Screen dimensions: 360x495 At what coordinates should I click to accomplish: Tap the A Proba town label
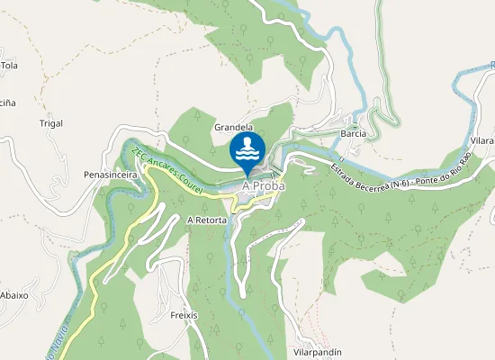tap(264, 186)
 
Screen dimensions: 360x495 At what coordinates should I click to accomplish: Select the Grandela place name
tap(233, 128)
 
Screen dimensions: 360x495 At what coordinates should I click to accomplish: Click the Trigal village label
tap(51, 122)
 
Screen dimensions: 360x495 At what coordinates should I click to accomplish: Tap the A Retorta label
tap(206, 220)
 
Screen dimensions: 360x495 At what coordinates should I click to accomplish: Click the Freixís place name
tap(184, 316)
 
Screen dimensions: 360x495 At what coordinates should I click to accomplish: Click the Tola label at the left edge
tap(9, 66)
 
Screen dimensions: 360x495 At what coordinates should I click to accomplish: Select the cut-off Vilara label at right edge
tap(481, 142)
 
